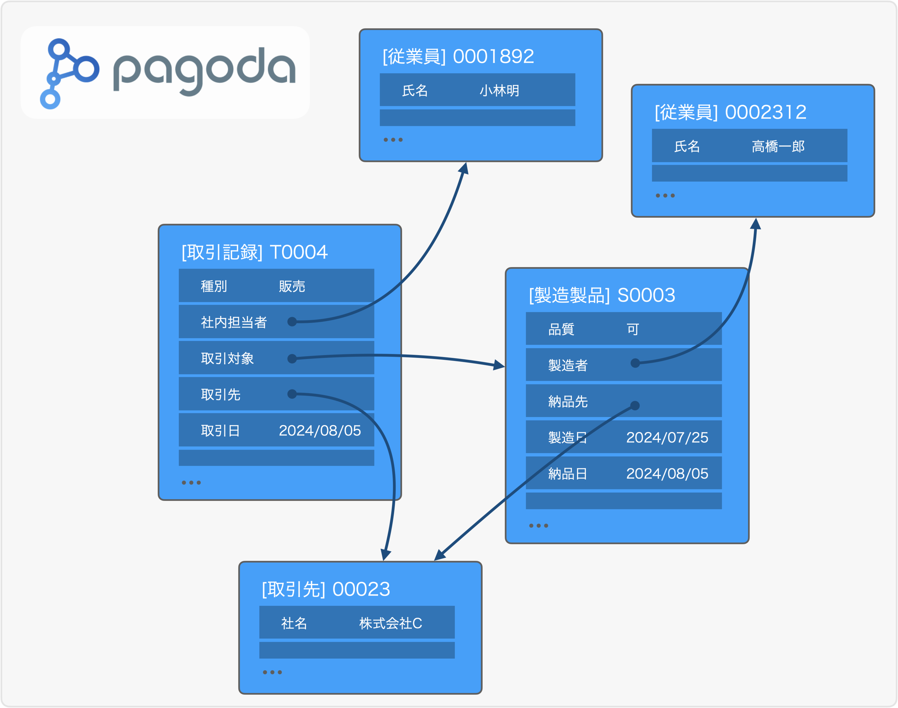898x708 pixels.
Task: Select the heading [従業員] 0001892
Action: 458,56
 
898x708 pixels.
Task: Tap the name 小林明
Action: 499,90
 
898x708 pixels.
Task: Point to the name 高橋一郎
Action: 778,146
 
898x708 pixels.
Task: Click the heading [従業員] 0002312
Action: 730,112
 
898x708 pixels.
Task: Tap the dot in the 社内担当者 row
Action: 292,322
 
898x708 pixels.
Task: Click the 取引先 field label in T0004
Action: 221,395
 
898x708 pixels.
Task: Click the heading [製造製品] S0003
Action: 602,295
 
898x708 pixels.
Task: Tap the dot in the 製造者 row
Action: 635,363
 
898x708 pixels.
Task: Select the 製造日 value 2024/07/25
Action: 667,438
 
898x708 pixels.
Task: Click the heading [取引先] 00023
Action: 326,589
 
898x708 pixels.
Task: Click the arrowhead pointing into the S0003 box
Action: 499,365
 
